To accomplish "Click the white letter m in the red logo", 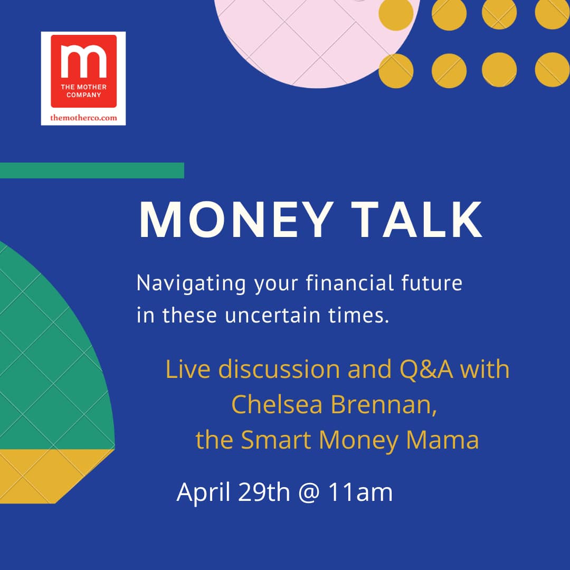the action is (83, 61).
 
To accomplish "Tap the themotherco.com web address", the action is (83, 117).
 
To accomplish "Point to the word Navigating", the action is (191, 284).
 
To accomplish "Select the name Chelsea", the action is (277, 404).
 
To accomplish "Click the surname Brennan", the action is (384, 405).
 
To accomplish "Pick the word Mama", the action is (442, 440).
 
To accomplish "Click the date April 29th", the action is (233, 492).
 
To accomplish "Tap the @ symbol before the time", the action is (309, 492).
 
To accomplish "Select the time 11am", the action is (360, 492).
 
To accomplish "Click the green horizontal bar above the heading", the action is (92, 170).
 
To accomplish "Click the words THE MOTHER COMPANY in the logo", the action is (83, 91).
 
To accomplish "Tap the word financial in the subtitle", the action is (350, 283).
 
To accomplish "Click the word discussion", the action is (279, 369).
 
